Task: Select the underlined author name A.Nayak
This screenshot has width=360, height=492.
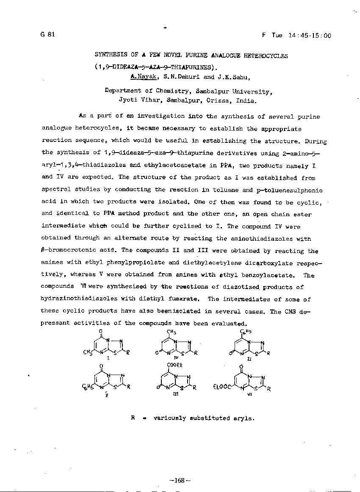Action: click(x=144, y=77)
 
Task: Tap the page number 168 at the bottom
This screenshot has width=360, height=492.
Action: click(x=180, y=481)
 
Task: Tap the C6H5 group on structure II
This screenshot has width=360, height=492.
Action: click(x=246, y=332)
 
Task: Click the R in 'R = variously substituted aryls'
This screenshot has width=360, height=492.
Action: click(x=133, y=418)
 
